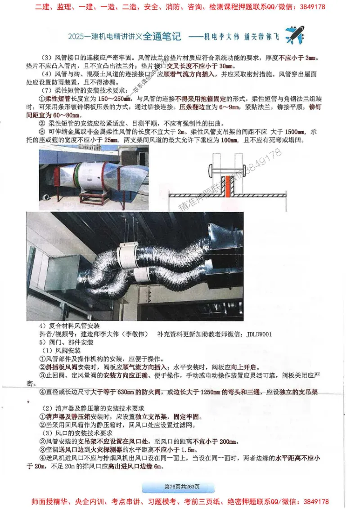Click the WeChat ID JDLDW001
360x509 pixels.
[x=259, y=335]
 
